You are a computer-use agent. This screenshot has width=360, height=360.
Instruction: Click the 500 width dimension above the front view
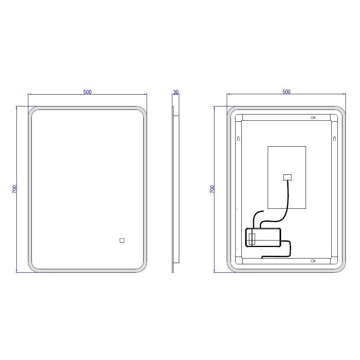click(87, 92)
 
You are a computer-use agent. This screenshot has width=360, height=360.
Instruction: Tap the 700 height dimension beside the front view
click(14, 189)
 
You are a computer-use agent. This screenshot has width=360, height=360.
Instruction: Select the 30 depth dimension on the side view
click(176, 92)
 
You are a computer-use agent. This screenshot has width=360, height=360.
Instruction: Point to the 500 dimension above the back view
click(286, 92)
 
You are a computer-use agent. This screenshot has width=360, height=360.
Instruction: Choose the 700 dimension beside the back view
click(212, 189)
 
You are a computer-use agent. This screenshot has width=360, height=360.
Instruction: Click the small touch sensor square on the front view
click(122, 241)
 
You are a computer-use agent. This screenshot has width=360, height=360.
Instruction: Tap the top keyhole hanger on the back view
click(313, 118)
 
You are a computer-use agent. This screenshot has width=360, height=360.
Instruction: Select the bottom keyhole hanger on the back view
click(313, 261)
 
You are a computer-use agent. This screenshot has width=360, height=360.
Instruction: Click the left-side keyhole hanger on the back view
click(238, 139)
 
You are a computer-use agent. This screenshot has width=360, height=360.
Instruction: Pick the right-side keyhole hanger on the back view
click(334, 139)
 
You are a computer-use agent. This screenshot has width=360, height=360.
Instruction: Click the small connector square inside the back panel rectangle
click(287, 177)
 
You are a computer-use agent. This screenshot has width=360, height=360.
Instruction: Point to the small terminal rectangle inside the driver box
click(252, 239)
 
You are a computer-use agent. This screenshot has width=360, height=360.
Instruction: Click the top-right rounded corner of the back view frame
click(341, 111)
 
